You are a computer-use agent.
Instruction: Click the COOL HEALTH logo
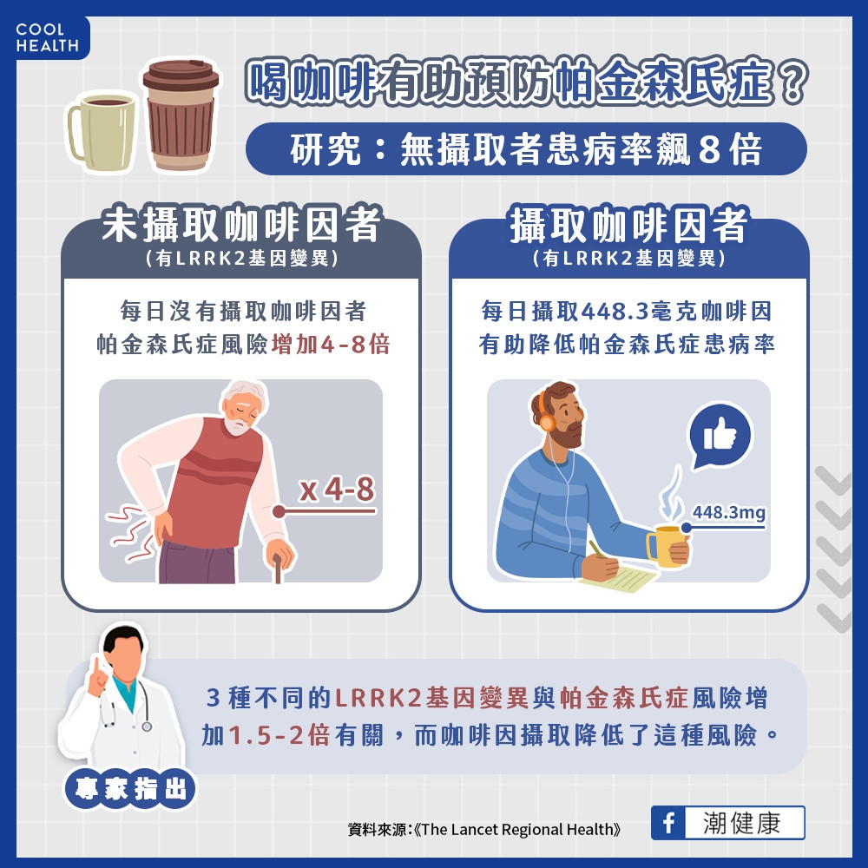47,37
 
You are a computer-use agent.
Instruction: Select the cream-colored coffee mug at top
102,130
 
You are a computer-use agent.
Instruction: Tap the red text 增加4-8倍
330,344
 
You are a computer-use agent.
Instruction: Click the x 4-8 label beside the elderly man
337,490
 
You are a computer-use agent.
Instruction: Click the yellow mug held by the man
666,546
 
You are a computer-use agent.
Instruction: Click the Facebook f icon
667,823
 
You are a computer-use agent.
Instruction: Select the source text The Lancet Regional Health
518,829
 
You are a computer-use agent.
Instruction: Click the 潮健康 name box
743,823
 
